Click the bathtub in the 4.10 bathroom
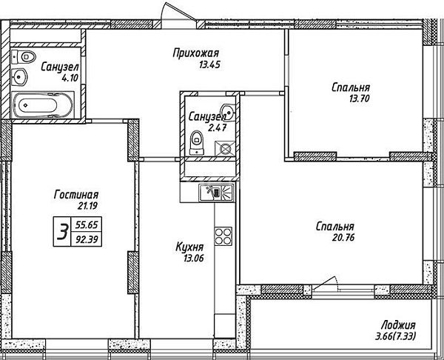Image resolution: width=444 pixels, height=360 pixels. pyautogui.click(x=42, y=105)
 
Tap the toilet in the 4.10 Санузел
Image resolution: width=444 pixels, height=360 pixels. pyautogui.click(x=24, y=57)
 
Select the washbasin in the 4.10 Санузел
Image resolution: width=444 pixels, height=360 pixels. pyautogui.click(x=19, y=77)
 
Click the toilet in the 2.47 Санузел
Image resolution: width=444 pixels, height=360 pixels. pyautogui.click(x=197, y=142)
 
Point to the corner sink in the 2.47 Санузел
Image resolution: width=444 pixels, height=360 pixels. pyautogui.click(x=228, y=111)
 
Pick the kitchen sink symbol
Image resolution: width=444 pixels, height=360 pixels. pyautogui.click(x=217, y=193)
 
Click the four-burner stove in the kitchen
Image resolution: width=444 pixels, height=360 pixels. pyautogui.click(x=223, y=236)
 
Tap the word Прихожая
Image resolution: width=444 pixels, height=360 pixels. pyautogui.click(x=196, y=53)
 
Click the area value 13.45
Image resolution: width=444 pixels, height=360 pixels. pyautogui.click(x=209, y=65)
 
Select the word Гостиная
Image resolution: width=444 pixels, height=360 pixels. pyautogui.click(x=76, y=195)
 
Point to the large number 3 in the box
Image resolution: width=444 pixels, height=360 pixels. pyautogui.click(x=62, y=231)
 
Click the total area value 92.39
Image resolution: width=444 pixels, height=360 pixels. pyautogui.click(x=87, y=240)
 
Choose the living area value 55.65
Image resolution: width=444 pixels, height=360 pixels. pyautogui.click(x=87, y=225)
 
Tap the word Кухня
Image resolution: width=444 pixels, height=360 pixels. pyautogui.click(x=189, y=247)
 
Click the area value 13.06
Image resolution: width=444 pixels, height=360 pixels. pyautogui.click(x=194, y=258)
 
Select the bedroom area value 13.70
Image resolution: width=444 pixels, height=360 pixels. pyautogui.click(x=360, y=99)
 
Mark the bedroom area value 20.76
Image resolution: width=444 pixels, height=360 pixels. pyautogui.click(x=343, y=237)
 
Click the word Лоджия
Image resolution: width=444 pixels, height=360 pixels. pyautogui.click(x=398, y=325)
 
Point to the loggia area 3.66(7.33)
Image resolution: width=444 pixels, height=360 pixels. pyautogui.click(x=396, y=336)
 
